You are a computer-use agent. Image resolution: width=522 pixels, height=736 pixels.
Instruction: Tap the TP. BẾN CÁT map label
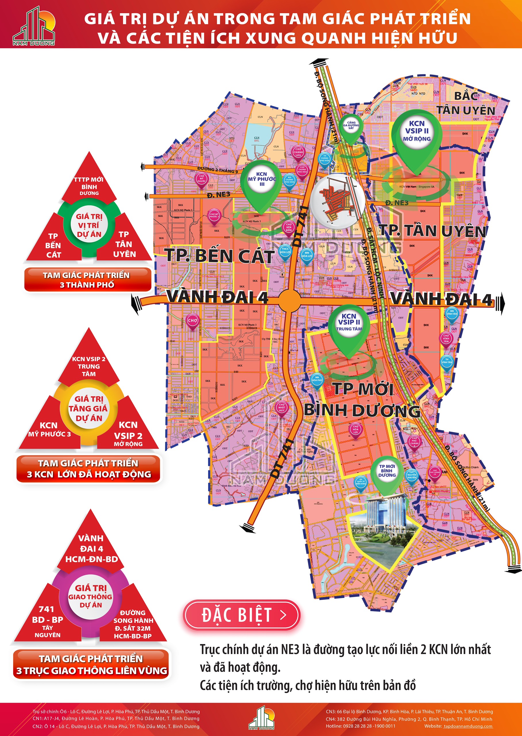(x=220, y=256)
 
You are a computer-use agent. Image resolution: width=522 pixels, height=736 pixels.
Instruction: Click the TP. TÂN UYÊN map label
(x=433, y=231)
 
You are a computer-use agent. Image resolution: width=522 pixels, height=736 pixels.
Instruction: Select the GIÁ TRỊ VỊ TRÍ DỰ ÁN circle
(x=89, y=225)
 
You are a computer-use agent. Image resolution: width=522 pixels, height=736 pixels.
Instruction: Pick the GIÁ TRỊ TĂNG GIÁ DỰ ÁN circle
(x=89, y=408)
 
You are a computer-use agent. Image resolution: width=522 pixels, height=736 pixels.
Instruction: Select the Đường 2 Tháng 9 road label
(x=218, y=170)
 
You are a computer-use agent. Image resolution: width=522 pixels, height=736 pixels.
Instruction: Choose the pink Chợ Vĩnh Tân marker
(x=446, y=338)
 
